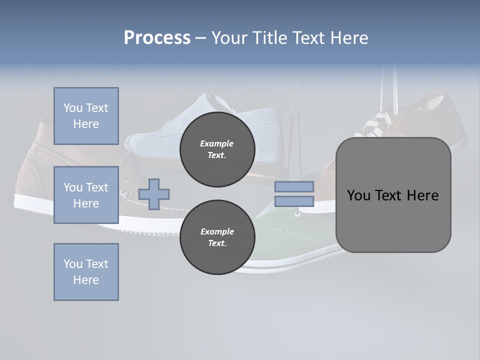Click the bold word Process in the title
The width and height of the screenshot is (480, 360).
tap(157, 38)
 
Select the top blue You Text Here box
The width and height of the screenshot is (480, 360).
tap(86, 116)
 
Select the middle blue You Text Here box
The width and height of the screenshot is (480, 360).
tap(86, 195)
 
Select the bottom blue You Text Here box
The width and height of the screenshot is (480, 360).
tap(86, 271)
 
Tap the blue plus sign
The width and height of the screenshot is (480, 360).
tap(154, 194)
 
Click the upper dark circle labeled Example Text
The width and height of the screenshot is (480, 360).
tap(217, 149)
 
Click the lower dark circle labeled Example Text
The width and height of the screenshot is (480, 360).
tap(217, 237)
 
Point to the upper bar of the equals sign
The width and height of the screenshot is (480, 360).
tap(294, 186)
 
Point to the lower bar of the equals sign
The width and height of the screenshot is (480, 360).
tap(294, 201)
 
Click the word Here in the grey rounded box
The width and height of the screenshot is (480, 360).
tap(422, 195)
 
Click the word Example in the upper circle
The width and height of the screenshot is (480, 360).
tap(217, 143)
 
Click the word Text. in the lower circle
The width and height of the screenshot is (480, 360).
tap(217, 243)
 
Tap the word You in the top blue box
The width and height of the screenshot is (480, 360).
tap(73, 108)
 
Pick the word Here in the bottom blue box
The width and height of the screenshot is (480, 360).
tap(86, 280)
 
